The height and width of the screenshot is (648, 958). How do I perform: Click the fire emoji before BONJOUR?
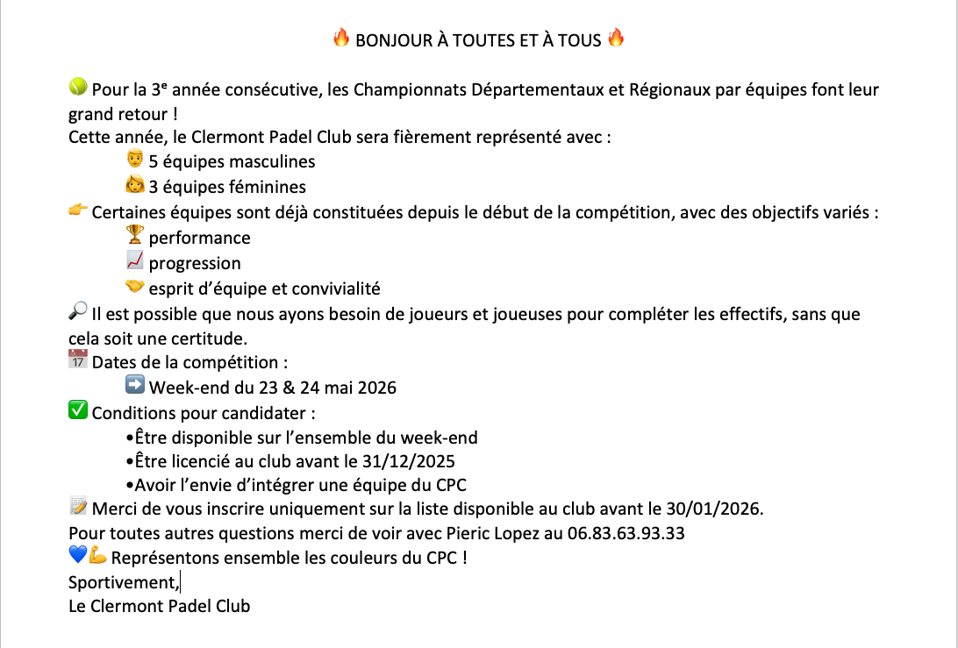pyautogui.click(x=341, y=38)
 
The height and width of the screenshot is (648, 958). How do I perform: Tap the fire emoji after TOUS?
pyautogui.click(x=616, y=38)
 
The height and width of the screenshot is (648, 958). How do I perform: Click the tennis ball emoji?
pyautogui.click(x=78, y=87)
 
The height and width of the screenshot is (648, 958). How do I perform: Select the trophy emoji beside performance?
pyautogui.click(x=135, y=234)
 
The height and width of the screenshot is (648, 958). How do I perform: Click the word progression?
pyautogui.click(x=195, y=263)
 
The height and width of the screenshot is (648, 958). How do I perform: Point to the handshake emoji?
pyautogui.click(x=135, y=286)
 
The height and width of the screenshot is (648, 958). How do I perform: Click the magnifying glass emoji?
pyautogui.click(x=78, y=310)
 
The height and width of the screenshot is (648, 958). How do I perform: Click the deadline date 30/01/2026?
pyautogui.click(x=718, y=509)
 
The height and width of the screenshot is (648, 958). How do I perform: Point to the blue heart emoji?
pyautogui.click(x=77, y=555)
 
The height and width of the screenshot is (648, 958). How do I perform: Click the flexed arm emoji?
pyautogui.click(x=97, y=555)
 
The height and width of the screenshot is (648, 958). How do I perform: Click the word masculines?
pyautogui.click(x=272, y=161)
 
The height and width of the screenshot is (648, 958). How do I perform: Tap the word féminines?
pyautogui.click(x=268, y=187)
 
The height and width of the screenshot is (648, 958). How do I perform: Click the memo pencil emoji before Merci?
pyautogui.click(x=78, y=506)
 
